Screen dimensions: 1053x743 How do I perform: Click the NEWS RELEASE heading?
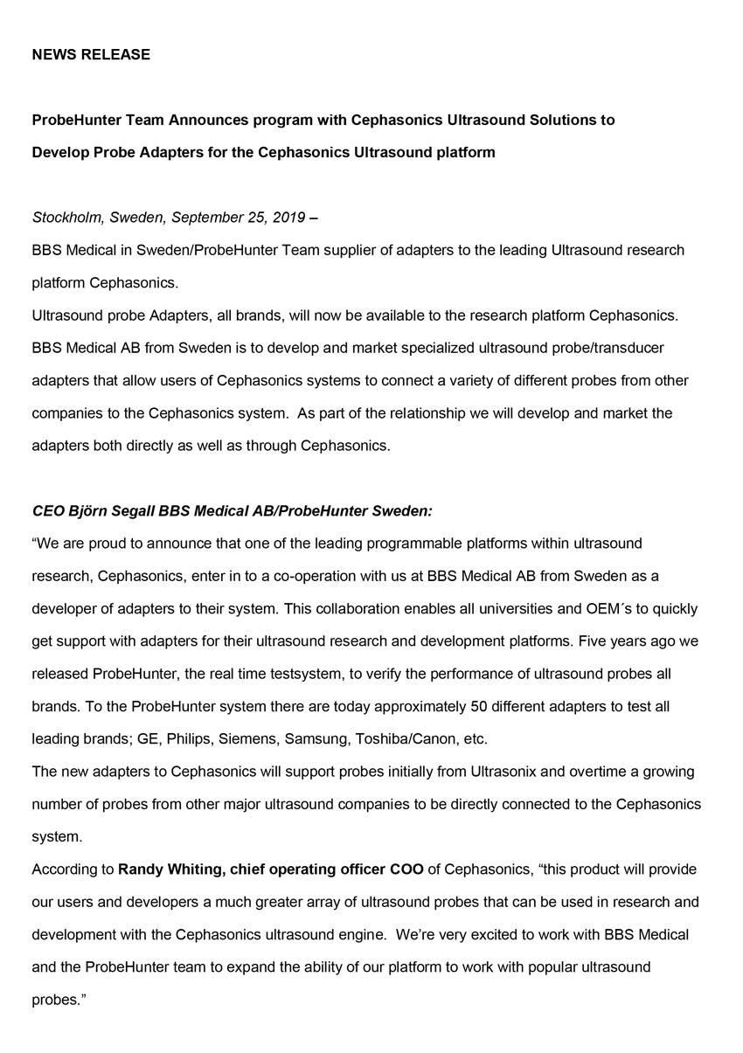91,54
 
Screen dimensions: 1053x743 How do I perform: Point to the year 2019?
288,218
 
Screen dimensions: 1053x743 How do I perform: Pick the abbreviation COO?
407,869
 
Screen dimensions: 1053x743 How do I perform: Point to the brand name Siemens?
247,739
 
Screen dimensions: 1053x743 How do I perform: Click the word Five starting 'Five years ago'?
594,641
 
